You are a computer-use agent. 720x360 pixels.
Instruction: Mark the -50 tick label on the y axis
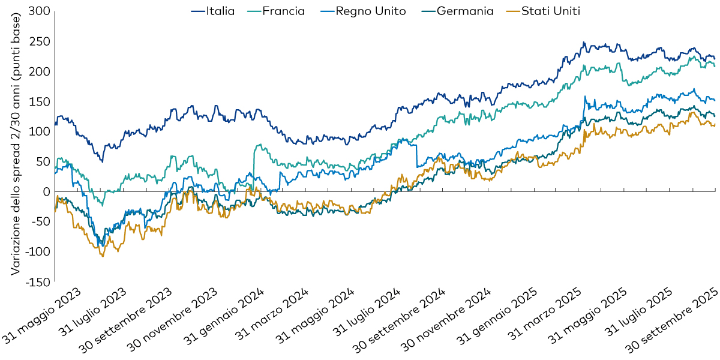click(x=37, y=221)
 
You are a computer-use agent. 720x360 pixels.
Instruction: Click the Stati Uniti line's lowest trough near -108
click(x=103, y=256)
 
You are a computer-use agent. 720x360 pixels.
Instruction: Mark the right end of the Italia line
click(x=715, y=58)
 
